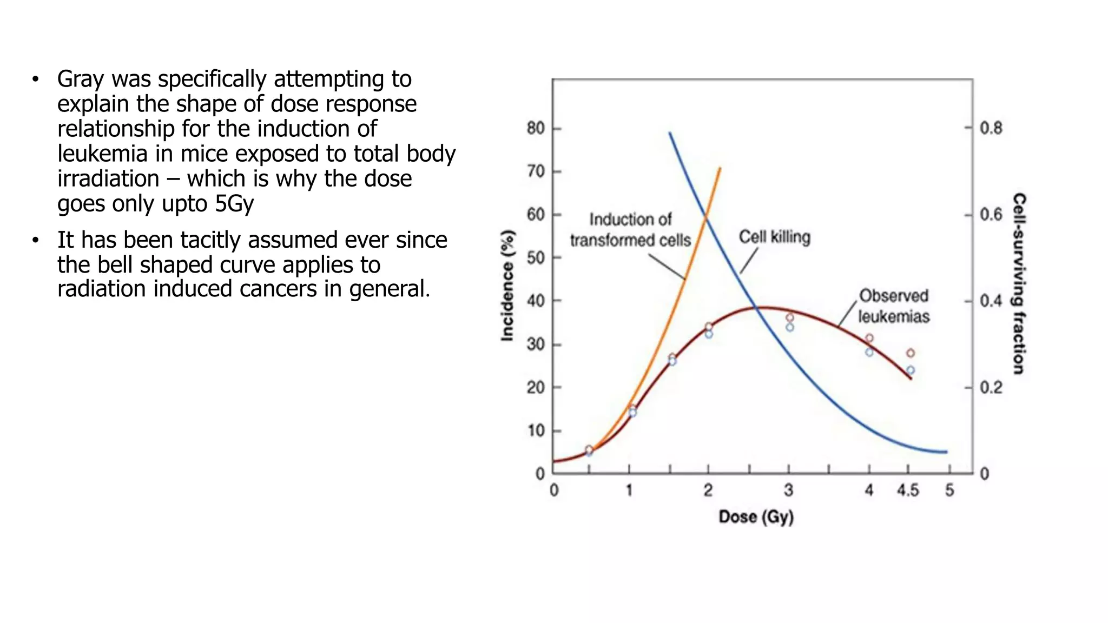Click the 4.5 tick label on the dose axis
[x=907, y=491]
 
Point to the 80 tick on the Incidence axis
[x=536, y=128]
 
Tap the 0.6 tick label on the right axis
[x=991, y=215]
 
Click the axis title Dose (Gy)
[x=756, y=517]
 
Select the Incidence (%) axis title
[x=507, y=286]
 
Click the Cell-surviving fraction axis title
[x=1019, y=283]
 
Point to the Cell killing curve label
[x=774, y=237]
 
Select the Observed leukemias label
[x=894, y=306]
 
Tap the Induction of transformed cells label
[x=630, y=230]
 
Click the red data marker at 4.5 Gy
[x=911, y=353]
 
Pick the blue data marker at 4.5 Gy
[x=911, y=370]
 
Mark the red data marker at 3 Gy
[x=790, y=318]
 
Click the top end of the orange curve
[x=720, y=169]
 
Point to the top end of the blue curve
[x=670, y=133]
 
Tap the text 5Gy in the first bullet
[x=234, y=203]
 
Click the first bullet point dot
[x=36, y=79]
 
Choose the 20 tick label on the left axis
[x=536, y=388]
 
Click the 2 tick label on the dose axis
[x=708, y=491]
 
